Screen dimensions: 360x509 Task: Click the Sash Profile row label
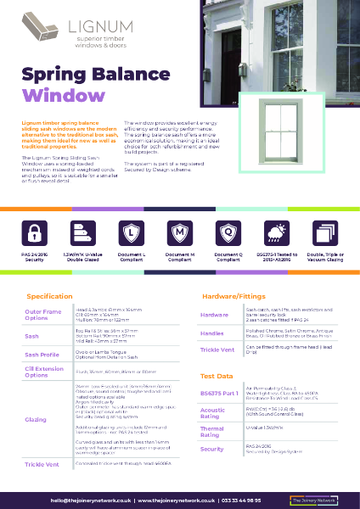42,354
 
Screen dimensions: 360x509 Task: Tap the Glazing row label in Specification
36,419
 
